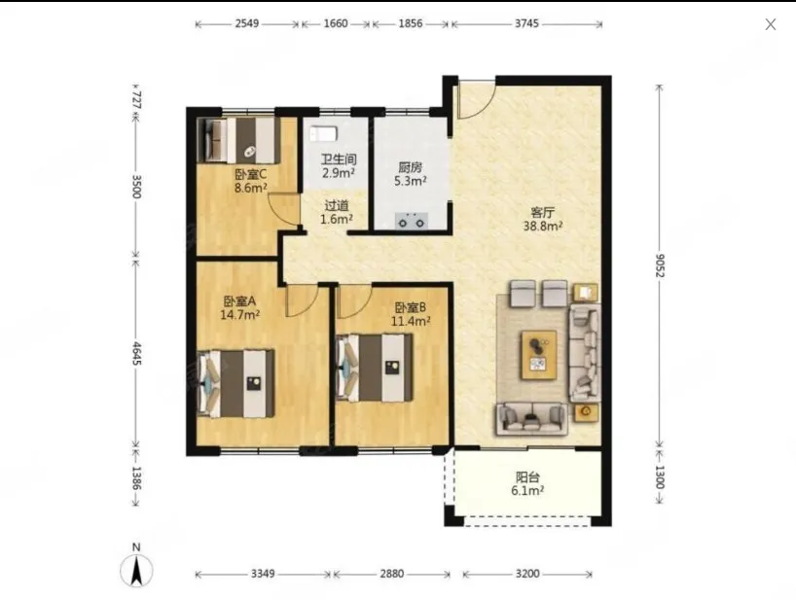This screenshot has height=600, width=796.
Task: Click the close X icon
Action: [x=770, y=24]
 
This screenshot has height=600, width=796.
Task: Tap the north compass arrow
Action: [x=136, y=571]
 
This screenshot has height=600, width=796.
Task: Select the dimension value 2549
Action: [x=247, y=24]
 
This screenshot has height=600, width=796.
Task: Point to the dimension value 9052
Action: [x=660, y=265]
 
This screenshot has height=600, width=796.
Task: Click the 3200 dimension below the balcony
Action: [x=527, y=574]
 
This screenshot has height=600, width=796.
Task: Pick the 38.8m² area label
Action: [x=543, y=227]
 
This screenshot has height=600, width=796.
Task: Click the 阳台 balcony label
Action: [x=527, y=477]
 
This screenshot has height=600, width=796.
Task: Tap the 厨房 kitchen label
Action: [x=411, y=167]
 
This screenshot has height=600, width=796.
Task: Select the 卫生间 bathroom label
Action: [x=339, y=159]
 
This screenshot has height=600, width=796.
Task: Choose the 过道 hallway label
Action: [x=337, y=206]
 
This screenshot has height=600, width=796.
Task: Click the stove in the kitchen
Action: [x=412, y=221]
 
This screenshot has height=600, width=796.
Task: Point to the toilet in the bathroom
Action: [x=323, y=133]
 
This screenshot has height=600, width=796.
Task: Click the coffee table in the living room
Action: [x=539, y=355]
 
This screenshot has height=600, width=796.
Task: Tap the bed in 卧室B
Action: [x=374, y=368]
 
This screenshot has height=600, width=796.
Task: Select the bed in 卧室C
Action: [x=238, y=140]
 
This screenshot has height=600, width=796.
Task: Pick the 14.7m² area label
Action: [x=240, y=315]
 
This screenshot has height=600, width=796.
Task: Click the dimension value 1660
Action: [x=336, y=24]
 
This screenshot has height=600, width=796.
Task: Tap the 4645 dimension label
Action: [x=137, y=353]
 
